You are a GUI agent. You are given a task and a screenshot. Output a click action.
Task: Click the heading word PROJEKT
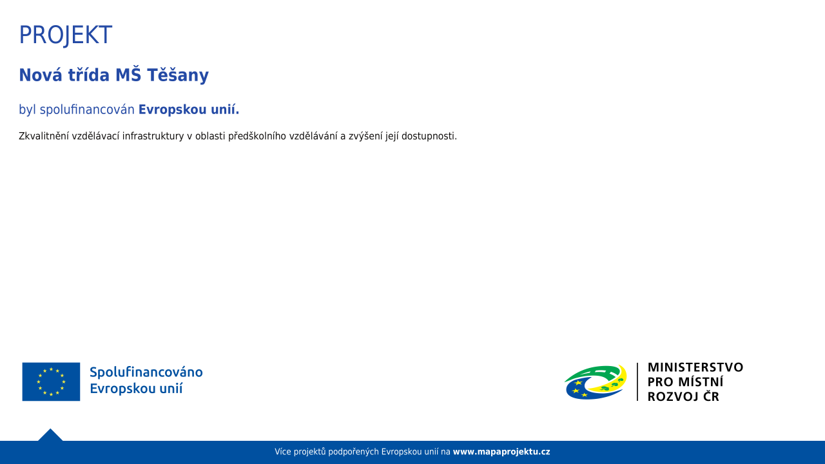pyautogui.click(x=66, y=35)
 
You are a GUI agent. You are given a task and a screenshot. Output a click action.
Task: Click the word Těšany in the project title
pyautogui.click(x=178, y=75)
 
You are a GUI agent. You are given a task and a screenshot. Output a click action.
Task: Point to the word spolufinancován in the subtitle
pyautogui.click(x=87, y=110)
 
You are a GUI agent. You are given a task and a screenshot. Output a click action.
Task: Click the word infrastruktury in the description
pyautogui.click(x=153, y=136)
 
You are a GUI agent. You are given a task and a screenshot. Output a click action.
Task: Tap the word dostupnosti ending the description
pyautogui.click(x=429, y=136)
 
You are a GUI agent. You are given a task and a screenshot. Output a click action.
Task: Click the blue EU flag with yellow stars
pyautogui.click(x=51, y=382)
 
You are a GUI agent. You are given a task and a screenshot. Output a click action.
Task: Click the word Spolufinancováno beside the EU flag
pyautogui.click(x=146, y=372)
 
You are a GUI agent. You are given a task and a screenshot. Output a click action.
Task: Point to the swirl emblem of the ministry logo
pyautogui.click(x=596, y=382)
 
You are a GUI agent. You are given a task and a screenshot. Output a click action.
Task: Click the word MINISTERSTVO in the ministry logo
pyautogui.click(x=695, y=367)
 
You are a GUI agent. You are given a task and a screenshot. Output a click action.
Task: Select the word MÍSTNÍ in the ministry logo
pyautogui.click(x=701, y=382)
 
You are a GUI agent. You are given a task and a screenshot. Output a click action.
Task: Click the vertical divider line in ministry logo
pyautogui.click(x=637, y=382)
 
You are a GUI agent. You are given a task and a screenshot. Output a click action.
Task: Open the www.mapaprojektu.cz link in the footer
pyautogui.click(x=501, y=452)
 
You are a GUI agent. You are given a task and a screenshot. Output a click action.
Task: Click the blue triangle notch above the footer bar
pyautogui.click(x=50, y=435)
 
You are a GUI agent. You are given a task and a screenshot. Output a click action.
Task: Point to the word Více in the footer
pyautogui.click(x=283, y=452)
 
